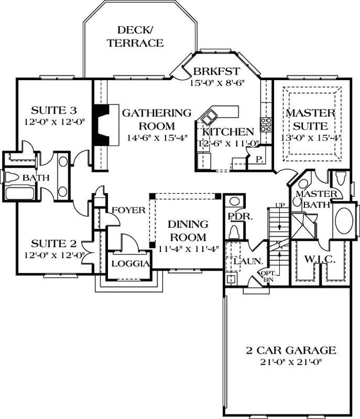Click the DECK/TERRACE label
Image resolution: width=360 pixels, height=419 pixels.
[136, 37]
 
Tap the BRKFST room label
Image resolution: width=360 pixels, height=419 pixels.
[216, 72]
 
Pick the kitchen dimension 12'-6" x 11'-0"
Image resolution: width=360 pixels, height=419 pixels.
[225, 143]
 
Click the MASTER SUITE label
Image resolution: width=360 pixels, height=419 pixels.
[310, 119]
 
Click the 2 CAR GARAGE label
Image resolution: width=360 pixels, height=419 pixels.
[292, 350]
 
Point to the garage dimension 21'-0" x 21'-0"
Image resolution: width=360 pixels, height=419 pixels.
[292, 361]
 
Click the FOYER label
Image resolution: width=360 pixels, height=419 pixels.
[128, 210]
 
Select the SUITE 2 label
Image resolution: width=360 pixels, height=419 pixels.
[54, 244]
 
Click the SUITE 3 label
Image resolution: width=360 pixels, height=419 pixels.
[54, 111]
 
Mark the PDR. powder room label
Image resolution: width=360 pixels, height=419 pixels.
[237, 216]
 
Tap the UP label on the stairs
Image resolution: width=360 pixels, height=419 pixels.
[281, 204]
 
